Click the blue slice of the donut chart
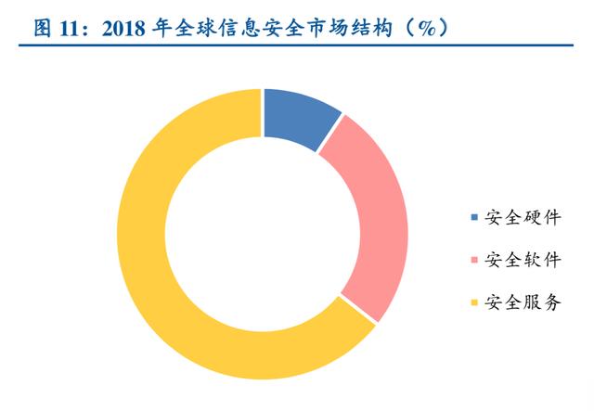(296, 116)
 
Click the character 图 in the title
(43, 27)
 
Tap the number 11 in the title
(76, 27)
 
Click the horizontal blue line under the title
(297, 47)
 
